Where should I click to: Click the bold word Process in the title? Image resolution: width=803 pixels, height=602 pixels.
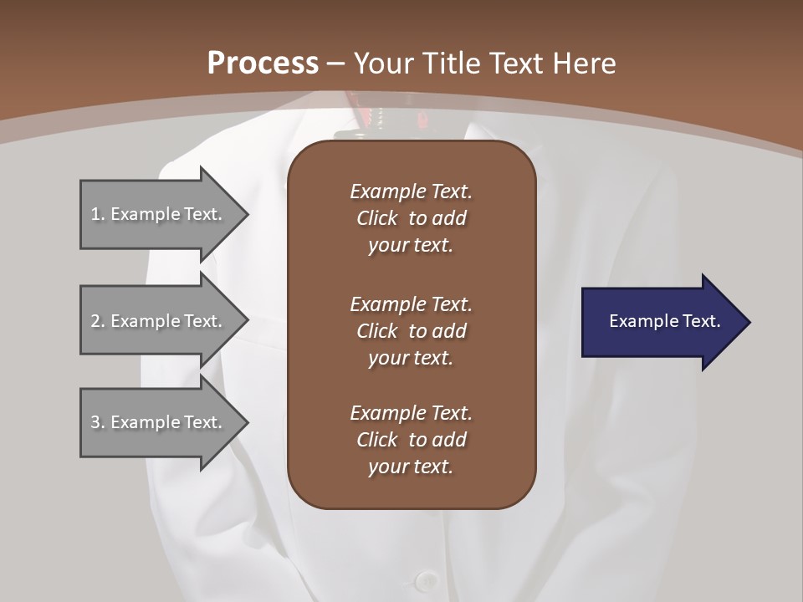click(x=263, y=64)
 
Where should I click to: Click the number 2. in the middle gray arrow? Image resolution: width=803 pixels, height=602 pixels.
click(x=98, y=321)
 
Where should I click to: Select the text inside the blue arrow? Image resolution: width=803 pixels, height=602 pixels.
click(x=664, y=321)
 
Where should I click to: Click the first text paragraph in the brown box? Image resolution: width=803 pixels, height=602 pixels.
click(x=411, y=218)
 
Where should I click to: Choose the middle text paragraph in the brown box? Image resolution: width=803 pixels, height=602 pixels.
click(x=411, y=331)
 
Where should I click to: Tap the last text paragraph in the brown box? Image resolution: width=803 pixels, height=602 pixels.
click(x=411, y=440)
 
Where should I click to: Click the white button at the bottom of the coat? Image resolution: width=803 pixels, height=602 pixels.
click(x=427, y=579)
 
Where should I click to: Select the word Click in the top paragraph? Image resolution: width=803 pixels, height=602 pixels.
click(x=376, y=218)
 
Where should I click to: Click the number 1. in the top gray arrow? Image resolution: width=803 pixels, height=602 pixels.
click(x=98, y=214)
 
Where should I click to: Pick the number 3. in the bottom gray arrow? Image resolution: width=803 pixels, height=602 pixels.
click(x=98, y=422)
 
